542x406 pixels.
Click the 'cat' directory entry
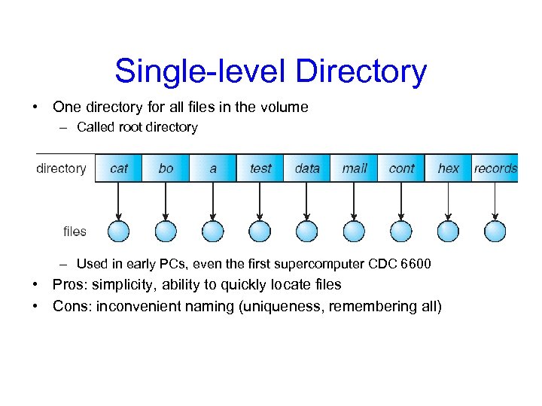point(118,168)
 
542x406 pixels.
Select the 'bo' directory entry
point(166,168)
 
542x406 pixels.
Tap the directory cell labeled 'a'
point(213,168)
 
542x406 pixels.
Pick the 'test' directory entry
point(260,168)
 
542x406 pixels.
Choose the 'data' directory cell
point(307,168)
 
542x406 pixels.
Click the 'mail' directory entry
point(355,168)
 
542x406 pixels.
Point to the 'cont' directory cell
point(401,168)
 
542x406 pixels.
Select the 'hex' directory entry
point(449,168)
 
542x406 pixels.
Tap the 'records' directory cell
point(495,168)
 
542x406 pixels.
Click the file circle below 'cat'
point(119,231)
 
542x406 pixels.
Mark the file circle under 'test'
point(260,231)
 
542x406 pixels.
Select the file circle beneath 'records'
point(495,231)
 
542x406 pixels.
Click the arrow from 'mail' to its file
point(354,201)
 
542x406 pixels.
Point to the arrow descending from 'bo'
point(166,201)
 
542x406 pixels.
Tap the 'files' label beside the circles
point(75,232)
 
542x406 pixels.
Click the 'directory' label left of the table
point(61,168)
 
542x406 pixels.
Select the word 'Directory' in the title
point(361,72)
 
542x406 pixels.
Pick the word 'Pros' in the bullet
point(69,285)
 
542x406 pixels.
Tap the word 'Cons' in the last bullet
point(70,306)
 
